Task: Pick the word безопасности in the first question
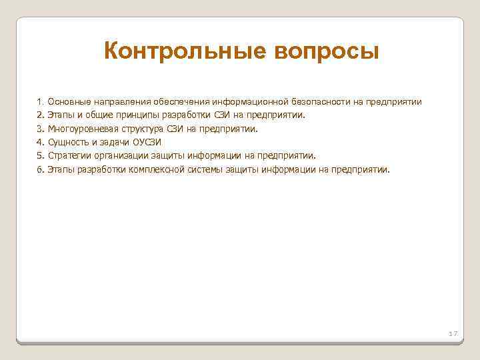(319, 102)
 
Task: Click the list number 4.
(40, 142)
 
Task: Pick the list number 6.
(40, 169)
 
